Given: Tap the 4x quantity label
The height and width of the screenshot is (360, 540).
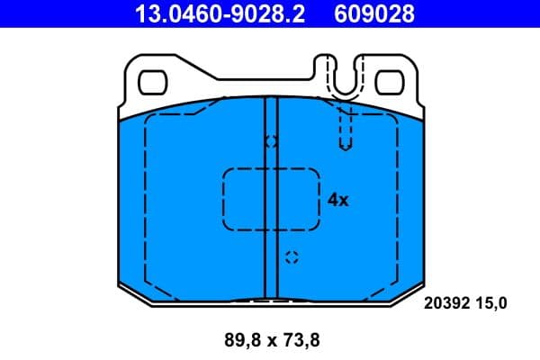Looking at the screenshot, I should (x=337, y=200).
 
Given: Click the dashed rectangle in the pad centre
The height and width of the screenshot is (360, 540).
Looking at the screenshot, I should (x=271, y=199).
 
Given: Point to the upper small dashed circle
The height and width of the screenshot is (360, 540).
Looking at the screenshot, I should (x=271, y=141).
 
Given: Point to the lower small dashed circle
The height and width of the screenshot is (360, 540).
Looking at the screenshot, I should (x=290, y=258).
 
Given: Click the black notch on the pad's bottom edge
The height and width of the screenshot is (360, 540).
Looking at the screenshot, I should (x=270, y=300).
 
